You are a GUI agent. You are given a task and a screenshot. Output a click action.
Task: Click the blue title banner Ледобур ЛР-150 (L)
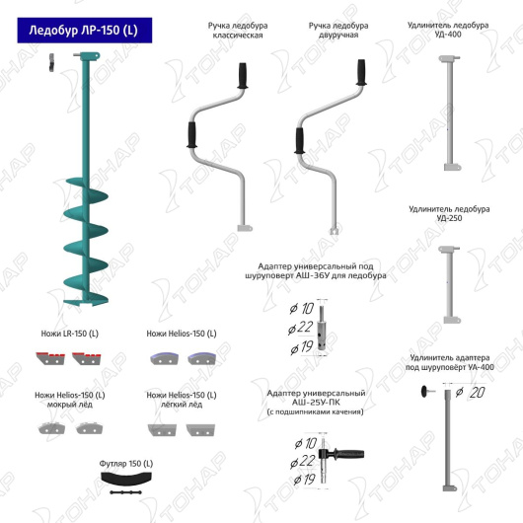tap(85, 31)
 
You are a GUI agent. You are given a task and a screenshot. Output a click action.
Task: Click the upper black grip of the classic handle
tap(243, 76)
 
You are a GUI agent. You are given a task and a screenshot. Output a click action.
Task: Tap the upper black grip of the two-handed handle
tap(361, 72)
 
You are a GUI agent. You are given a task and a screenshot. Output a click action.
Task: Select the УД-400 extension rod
tap(450, 113)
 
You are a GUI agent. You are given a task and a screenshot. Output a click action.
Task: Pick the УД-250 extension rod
tap(450, 284)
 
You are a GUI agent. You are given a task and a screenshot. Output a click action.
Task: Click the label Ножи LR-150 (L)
tap(70, 334)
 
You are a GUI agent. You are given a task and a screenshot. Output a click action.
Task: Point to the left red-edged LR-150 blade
tap(50, 358)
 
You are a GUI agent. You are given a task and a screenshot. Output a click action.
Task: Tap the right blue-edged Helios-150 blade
tap(201, 358)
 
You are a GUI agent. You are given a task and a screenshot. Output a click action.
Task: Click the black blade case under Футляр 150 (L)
tap(126, 480)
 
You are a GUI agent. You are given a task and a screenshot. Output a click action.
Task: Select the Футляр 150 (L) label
tap(126, 464)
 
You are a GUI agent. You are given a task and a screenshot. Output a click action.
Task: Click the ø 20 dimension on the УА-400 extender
tap(471, 393)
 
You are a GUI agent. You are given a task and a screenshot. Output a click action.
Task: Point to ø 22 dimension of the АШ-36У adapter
tap(301, 328)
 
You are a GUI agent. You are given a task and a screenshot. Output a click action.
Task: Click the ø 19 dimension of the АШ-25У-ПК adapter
tap(305, 480)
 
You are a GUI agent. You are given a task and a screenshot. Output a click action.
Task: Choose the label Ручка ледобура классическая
tap(238, 31)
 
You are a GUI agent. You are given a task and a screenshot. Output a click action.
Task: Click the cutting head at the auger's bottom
tap(86, 302)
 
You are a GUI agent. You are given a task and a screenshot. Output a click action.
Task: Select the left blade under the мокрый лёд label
tap(51, 428)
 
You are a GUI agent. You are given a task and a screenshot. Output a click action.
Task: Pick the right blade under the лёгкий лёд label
tap(200, 429)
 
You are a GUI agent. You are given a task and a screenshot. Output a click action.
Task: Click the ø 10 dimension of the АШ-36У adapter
tap(302, 309)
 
